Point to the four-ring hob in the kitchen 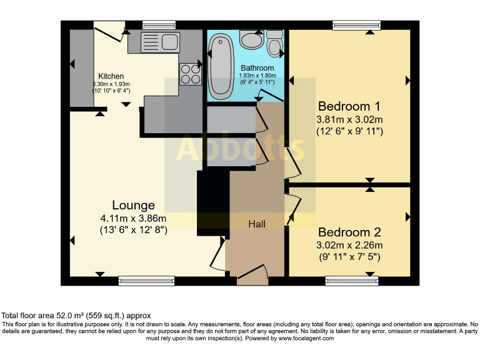point(190,75)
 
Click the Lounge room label point(133,205)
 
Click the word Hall point(258,224)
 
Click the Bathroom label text point(257,68)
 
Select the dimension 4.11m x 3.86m point(133,218)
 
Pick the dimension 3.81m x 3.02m point(349,119)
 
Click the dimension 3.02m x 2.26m point(349,245)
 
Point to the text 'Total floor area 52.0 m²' point(49,316)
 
